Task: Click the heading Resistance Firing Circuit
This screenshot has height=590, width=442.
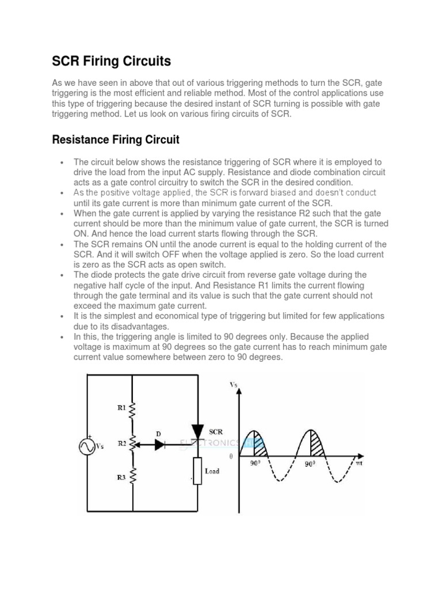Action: (116, 139)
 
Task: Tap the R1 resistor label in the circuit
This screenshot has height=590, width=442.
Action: (121, 407)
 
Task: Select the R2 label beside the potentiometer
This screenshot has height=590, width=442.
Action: (121, 444)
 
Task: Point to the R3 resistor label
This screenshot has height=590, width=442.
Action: (121, 477)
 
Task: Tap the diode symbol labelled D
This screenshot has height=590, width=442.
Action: (162, 444)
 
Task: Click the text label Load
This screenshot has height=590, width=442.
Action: (212, 471)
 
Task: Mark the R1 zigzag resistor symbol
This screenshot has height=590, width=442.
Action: (133, 411)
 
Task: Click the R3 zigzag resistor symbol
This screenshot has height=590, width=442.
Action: (133, 476)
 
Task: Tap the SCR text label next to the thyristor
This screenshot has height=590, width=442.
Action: (216, 431)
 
